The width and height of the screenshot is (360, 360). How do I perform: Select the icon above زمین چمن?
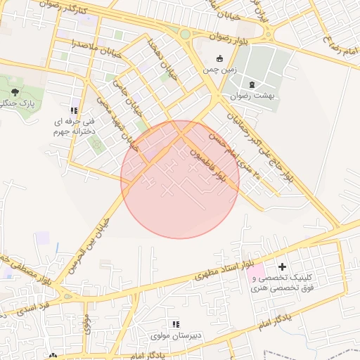(219, 59)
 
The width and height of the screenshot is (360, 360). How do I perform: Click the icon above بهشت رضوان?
(252, 84)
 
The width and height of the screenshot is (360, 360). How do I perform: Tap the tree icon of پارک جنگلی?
(15, 92)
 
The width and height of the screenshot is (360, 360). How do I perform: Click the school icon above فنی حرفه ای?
(74, 110)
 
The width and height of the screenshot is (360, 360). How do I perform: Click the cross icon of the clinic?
(283, 266)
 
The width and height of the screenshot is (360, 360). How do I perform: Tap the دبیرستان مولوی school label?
(176, 335)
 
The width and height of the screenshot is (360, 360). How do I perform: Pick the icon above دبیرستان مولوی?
(176, 324)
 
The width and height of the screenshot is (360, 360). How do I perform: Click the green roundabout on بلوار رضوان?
(185, 34)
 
